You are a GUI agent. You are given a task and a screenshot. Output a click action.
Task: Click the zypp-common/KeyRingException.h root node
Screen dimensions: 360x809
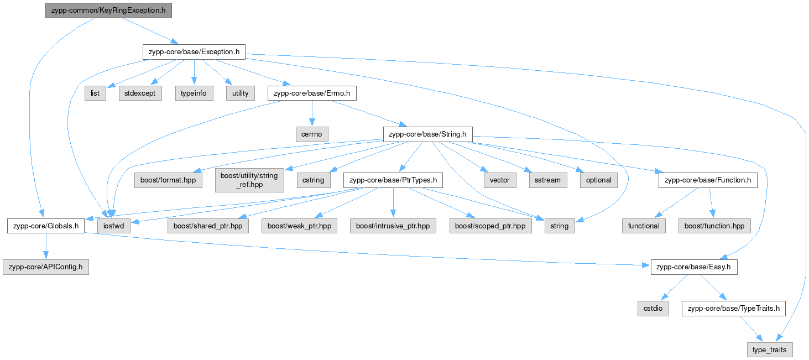[108, 11]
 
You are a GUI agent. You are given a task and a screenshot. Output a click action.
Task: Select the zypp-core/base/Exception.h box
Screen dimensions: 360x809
[194, 52]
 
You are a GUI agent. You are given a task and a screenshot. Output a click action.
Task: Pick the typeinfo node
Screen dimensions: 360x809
[194, 93]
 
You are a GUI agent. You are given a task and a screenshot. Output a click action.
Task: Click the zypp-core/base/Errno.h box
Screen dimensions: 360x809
[312, 93]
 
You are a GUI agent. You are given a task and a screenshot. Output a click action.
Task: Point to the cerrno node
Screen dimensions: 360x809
[312, 134]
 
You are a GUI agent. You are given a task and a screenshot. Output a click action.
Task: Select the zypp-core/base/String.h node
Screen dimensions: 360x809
[428, 134]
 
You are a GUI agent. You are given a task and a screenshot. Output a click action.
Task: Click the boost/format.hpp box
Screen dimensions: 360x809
[168, 180]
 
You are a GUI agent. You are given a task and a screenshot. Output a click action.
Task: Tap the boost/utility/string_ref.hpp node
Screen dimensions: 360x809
[249, 180]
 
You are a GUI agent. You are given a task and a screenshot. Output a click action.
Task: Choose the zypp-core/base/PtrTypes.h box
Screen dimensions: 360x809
[393, 180]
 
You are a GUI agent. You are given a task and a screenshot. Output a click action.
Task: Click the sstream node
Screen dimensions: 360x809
[547, 180]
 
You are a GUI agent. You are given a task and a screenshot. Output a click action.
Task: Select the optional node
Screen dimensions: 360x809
[598, 180]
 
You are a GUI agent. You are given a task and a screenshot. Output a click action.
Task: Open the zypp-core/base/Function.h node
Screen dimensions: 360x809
[707, 180]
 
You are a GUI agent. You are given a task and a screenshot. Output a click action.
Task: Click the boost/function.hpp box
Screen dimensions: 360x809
[714, 226]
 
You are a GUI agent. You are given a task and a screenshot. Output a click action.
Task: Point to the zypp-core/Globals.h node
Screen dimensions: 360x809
[46, 226]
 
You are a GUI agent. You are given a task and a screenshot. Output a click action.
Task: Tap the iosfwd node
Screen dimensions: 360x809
[114, 226]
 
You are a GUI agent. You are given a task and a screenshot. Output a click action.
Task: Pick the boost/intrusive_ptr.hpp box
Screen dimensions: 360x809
[393, 226]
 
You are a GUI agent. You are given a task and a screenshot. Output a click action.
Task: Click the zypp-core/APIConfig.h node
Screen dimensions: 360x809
[46, 267]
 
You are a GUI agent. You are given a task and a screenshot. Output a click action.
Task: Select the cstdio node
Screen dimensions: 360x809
[653, 309]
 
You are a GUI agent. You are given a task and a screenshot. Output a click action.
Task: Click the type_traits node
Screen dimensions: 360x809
[770, 349]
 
